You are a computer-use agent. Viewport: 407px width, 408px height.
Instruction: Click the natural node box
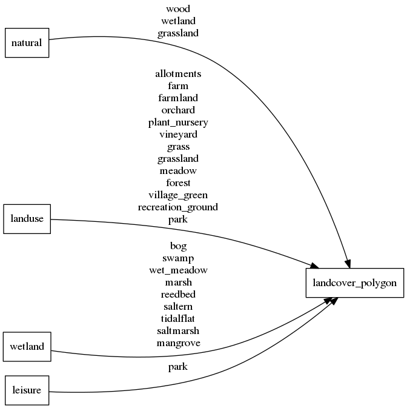(27, 42)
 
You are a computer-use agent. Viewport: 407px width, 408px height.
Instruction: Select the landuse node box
(27, 219)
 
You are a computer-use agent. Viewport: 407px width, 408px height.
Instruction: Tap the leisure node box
(27, 390)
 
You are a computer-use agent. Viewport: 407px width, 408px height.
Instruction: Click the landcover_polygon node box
(354, 283)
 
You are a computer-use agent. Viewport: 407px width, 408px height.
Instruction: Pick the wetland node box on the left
(27, 347)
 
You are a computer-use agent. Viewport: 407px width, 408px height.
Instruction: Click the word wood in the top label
(178, 9)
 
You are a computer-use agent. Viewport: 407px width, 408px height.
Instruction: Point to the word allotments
(178, 74)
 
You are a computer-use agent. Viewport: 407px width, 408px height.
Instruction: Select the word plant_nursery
(178, 122)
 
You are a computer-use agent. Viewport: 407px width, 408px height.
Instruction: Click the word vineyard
(178, 135)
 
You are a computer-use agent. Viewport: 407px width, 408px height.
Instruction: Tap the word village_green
(178, 195)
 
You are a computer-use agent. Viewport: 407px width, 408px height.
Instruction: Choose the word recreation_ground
(178, 207)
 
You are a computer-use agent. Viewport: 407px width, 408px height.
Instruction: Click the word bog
(178, 246)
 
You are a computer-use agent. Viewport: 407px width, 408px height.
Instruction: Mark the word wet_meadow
(178, 270)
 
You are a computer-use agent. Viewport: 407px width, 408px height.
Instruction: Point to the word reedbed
(178, 295)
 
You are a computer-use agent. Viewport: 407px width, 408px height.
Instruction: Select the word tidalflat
(178, 318)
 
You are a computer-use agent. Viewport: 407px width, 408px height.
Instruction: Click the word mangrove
(178, 343)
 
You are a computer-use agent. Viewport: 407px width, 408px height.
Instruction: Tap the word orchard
(178, 110)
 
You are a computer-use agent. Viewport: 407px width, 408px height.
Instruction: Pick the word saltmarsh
(178, 330)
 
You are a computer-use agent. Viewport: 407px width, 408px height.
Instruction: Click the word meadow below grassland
(178, 171)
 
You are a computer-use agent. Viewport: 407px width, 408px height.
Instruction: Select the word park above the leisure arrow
(178, 367)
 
